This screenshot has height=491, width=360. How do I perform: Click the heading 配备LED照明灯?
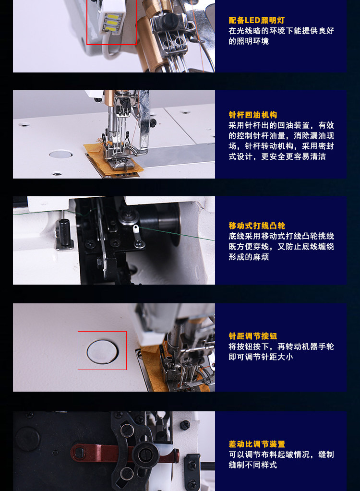(256, 20)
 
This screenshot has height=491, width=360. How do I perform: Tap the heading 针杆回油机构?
(252, 115)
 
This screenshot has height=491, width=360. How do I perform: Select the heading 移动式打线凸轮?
(257, 226)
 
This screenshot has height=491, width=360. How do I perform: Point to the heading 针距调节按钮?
(252, 336)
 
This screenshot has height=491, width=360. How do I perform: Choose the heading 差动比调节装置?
(257, 444)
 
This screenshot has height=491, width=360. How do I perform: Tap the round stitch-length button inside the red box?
(102, 351)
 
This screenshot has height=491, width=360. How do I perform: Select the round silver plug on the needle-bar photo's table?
(61, 154)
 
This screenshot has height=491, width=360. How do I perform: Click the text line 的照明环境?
(249, 41)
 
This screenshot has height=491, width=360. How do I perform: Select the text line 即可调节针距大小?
(261, 357)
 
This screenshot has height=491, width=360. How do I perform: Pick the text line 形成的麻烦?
(249, 257)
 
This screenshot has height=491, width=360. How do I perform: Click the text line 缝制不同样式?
(252, 465)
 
